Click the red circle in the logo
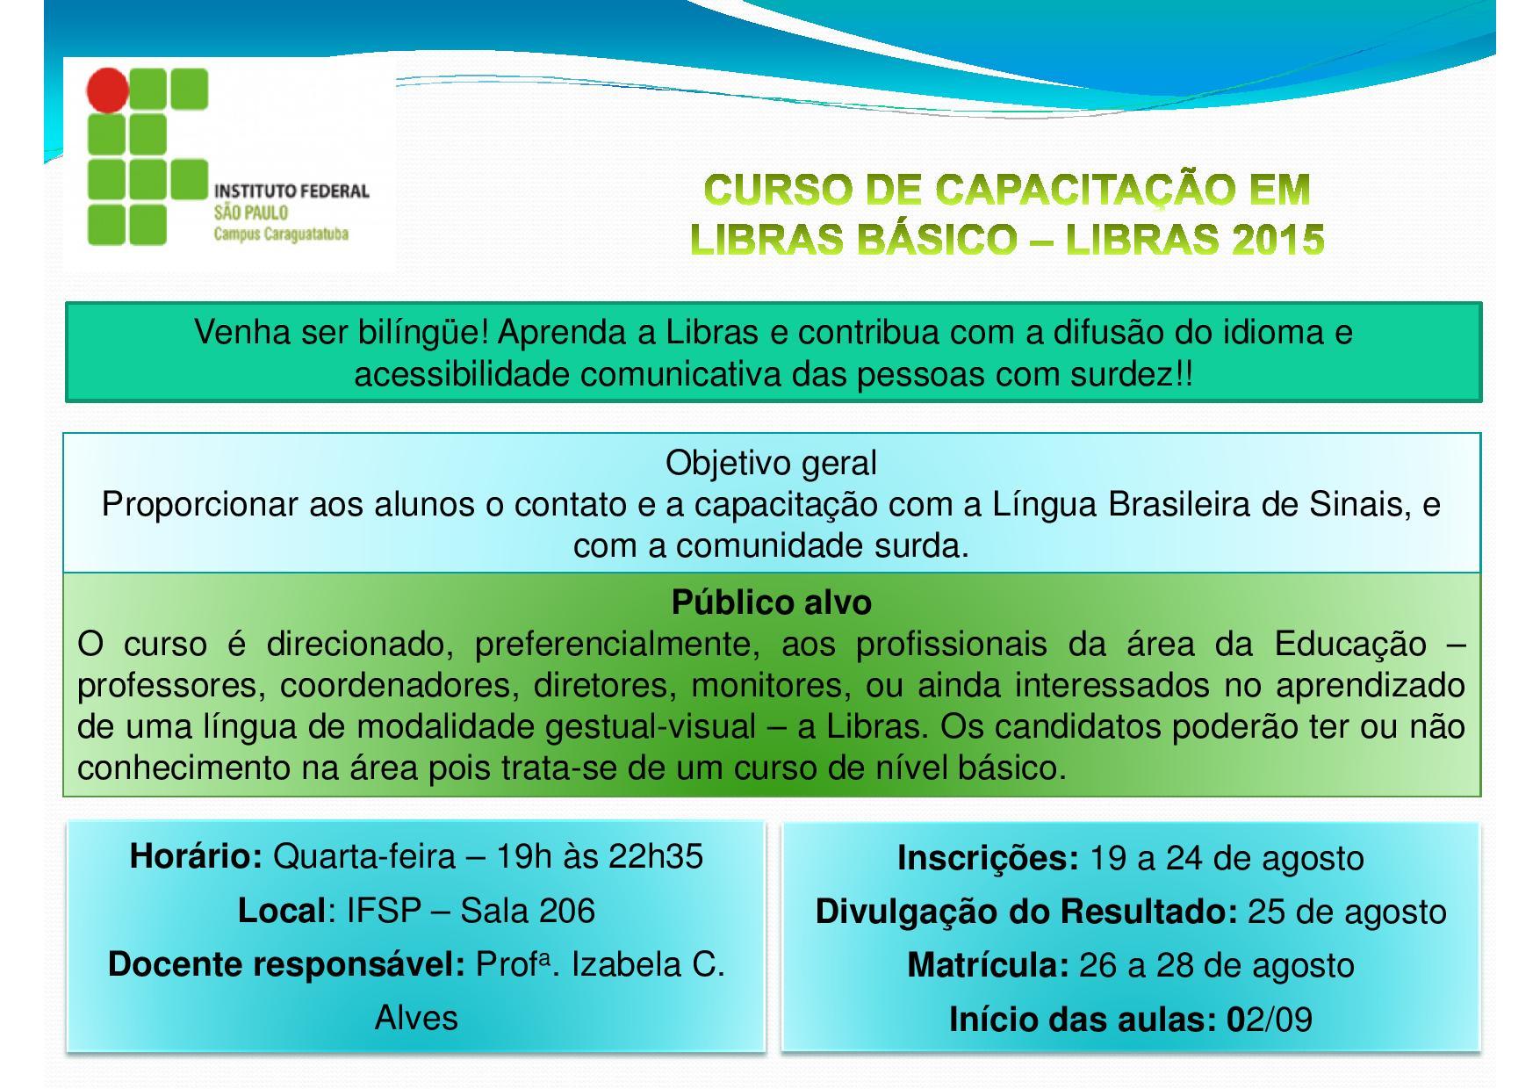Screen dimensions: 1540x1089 [x=108, y=90]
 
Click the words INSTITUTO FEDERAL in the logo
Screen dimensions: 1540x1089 [x=291, y=191]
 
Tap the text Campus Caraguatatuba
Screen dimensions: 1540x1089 [x=280, y=234]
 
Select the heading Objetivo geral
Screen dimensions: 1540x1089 [x=771, y=463]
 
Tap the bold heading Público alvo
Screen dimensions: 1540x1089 [x=771, y=602]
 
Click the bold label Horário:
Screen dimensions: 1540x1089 [x=196, y=856]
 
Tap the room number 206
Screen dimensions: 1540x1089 [x=567, y=911]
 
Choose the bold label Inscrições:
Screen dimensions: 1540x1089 [x=988, y=858]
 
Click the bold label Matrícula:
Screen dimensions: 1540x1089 [x=988, y=965]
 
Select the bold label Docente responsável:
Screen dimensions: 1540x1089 [x=286, y=964]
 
